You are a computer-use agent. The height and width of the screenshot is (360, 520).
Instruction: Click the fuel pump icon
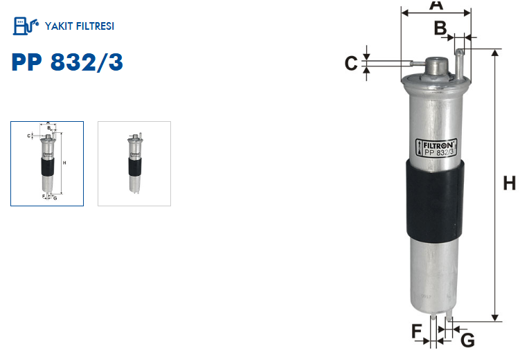[x=26, y=26]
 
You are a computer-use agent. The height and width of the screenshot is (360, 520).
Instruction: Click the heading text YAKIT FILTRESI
[x=80, y=26]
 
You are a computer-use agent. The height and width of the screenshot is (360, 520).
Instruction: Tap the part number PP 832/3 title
[x=67, y=62]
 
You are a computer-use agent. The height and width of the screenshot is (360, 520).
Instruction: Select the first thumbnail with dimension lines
[x=47, y=164]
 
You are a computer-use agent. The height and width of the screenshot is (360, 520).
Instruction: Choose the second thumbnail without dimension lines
[x=134, y=164]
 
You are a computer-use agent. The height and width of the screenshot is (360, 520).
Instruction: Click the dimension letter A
[x=436, y=5]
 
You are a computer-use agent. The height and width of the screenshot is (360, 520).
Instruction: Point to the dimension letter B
[x=440, y=28]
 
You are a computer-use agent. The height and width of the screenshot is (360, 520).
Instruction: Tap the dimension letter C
[x=351, y=63]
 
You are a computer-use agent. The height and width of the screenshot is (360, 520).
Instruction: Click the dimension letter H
[x=510, y=183]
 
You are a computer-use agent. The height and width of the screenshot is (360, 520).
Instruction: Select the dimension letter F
[x=417, y=331]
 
